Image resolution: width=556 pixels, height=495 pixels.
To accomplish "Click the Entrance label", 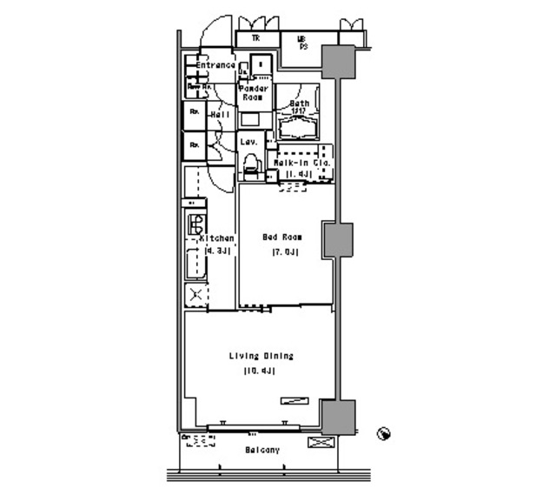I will (x=215, y=66).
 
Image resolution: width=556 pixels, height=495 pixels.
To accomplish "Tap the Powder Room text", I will (x=252, y=93).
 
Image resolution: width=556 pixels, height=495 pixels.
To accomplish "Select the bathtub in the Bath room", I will (x=299, y=127).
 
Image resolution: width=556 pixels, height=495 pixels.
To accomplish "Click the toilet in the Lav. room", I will (x=251, y=163).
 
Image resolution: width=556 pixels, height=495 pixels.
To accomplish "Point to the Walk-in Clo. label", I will (x=298, y=163).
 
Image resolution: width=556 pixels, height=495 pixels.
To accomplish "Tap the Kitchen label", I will (x=216, y=238).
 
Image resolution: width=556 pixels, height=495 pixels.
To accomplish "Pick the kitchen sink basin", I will (x=193, y=261).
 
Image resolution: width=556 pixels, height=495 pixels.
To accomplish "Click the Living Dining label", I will (x=261, y=356).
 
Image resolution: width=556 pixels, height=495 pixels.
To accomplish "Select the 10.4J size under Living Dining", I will (x=261, y=371).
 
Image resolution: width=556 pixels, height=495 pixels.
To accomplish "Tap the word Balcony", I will (x=261, y=450).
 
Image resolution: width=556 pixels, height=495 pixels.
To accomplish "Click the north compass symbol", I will (x=383, y=432).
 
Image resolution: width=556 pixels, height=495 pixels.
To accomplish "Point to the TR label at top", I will (x=256, y=38).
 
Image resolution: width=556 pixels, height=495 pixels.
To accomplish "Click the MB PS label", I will (x=302, y=41).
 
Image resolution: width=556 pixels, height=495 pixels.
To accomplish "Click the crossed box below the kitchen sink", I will (x=195, y=295).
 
